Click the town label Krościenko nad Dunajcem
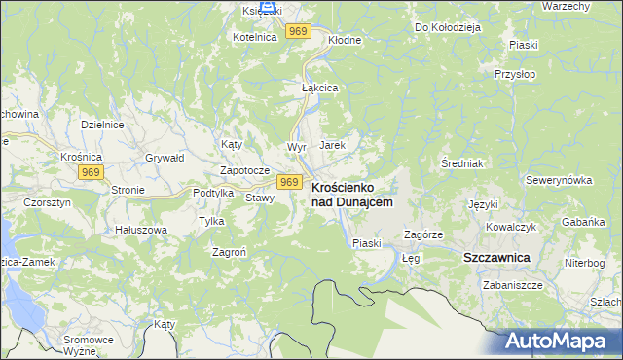tap(351, 194)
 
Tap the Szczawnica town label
tap(495, 257)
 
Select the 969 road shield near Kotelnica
tap(299, 32)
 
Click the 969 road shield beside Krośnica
tap(92, 172)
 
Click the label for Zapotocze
tap(244, 169)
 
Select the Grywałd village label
tap(165, 157)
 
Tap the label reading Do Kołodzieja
tap(448, 27)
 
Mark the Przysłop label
tap(516, 74)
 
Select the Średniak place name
tap(461, 162)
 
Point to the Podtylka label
tap(213, 193)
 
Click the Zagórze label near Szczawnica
tap(423, 235)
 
